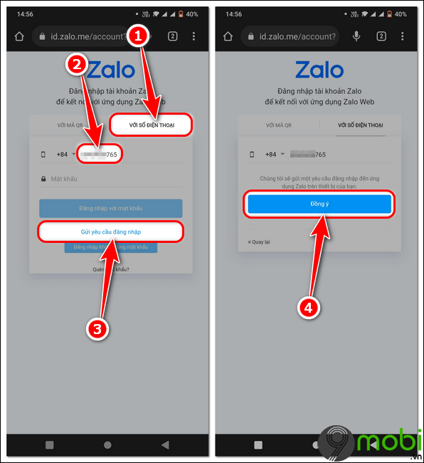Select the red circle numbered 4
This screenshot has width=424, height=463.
(x=307, y=307)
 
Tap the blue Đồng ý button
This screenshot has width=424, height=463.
(x=319, y=204)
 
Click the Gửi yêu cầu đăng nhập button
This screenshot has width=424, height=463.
(x=110, y=232)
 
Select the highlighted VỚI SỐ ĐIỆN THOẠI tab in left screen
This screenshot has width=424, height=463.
(x=152, y=125)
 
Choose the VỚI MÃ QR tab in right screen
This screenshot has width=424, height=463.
(x=278, y=125)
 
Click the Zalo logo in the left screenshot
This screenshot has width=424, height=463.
(x=110, y=70)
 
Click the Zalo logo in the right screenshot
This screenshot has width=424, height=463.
(x=319, y=70)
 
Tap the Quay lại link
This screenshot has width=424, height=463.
(x=259, y=241)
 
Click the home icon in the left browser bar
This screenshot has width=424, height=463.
(x=18, y=37)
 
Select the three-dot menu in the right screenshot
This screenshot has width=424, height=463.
(x=402, y=37)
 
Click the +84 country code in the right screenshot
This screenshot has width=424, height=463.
(x=271, y=154)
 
